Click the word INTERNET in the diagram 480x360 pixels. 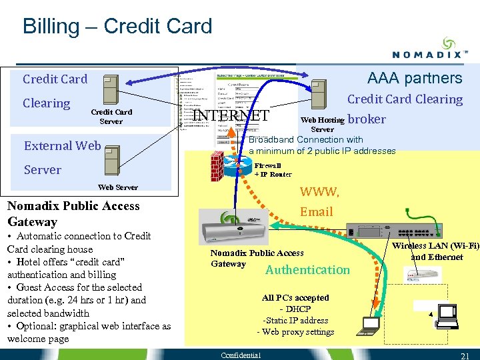[x=230, y=115]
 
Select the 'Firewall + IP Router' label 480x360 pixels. [x=273, y=169]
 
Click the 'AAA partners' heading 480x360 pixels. [x=414, y=78]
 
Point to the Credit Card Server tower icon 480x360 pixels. [x=110, y=88]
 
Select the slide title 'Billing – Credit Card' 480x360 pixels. [x=117, y=27]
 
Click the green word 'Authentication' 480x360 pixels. [x=307, y=269]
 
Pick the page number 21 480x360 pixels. [x=466, y=355]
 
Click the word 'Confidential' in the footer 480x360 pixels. [x=241, y=355]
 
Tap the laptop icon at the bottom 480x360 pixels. [x=368, y=325]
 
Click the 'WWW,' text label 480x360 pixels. [x=319, y=192]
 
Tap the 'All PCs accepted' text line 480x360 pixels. [x=295, y=297]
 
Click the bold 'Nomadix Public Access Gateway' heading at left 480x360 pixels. [x=73, y=213]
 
